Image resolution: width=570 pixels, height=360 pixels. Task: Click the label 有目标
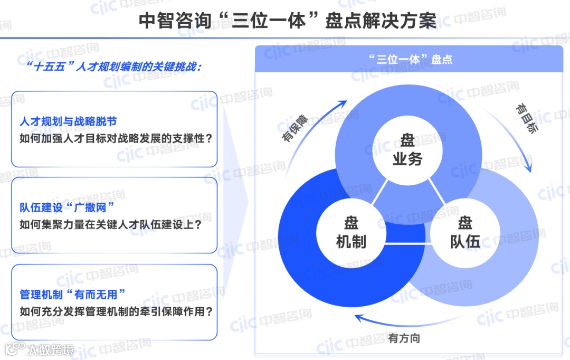(528, 118)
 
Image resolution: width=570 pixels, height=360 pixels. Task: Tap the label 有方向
(404, 338)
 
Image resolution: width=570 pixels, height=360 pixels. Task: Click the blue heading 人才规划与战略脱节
(68, 122)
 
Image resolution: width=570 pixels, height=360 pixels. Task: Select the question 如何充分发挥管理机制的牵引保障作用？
(116, 311)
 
